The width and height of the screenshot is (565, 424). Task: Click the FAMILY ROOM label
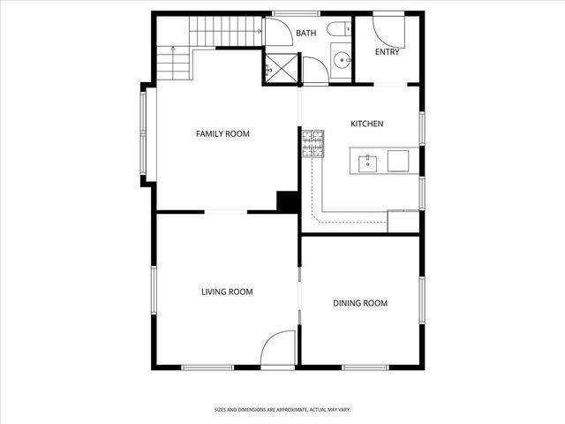pyautogui.click(x=222, y=134)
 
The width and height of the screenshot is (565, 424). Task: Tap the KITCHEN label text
pyautogui.click(x=366, y=125)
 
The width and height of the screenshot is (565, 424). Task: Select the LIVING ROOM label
pyautogui.click(x=227, y=292)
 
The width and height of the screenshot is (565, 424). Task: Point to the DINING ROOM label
pyautogui.click(x=360, y=304)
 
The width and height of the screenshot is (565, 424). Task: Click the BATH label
pyautogui.click(x=305, y=34)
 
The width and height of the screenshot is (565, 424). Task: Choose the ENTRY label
pyautogui.click(x=387, y=52)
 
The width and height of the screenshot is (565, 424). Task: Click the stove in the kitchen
pyautogui.click(x=313, y=143)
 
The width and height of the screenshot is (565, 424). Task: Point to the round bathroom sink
pyautogui.click(x=340, y=60)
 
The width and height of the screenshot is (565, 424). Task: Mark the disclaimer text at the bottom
pyautogui.click(x=282, y=409)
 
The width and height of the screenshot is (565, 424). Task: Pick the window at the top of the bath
pyautogui.click(x=295, y=13)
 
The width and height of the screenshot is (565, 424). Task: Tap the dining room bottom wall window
pyautogui.click(x=360, y=366)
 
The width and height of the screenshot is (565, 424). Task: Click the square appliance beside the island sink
pyautogui.click(x=398, y=161)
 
